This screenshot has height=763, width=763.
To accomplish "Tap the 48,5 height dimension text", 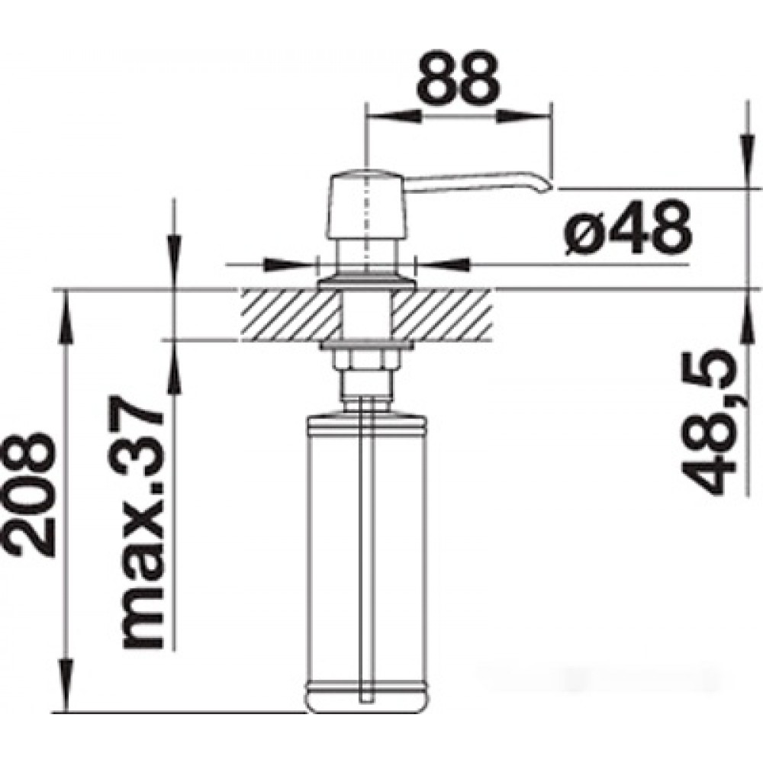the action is (x=713, y=422).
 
